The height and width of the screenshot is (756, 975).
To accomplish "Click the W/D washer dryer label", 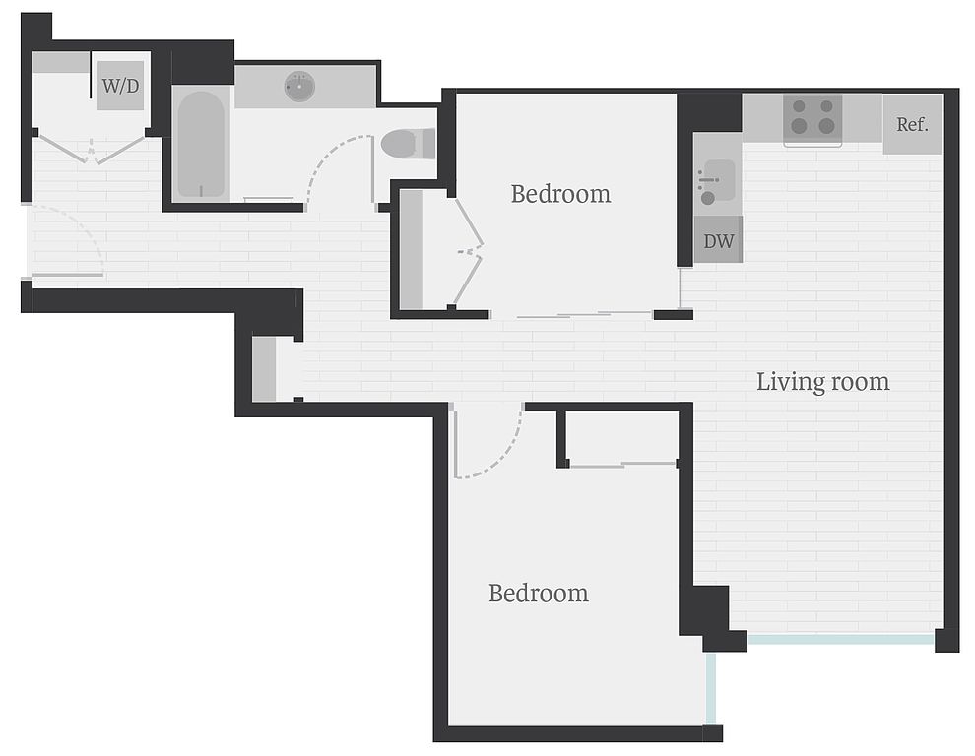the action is [120, 86].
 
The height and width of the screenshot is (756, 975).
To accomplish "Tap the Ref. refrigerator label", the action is [912, 124].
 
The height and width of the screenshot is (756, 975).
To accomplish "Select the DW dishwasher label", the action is [718, 241].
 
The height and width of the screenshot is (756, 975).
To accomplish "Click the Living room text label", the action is [822, 382].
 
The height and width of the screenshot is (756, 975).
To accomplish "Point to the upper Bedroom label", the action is [561, 194].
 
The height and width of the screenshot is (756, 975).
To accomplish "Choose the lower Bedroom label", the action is [539, 594].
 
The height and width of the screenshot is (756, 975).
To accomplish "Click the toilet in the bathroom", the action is [408, 144].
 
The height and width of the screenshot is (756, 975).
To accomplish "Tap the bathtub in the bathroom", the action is [201, 145].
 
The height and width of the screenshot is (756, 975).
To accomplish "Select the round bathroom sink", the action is [299, 87].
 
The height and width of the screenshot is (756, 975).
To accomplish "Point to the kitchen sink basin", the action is [717, 181].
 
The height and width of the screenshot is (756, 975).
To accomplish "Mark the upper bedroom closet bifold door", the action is [468, 252].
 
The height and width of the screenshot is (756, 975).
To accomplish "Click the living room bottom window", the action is [841, 639].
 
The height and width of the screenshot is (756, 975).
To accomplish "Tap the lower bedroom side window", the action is [711, 688].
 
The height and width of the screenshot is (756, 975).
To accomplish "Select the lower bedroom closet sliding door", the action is [623, 464].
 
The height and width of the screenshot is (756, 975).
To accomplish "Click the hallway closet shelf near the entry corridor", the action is [264, 369].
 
